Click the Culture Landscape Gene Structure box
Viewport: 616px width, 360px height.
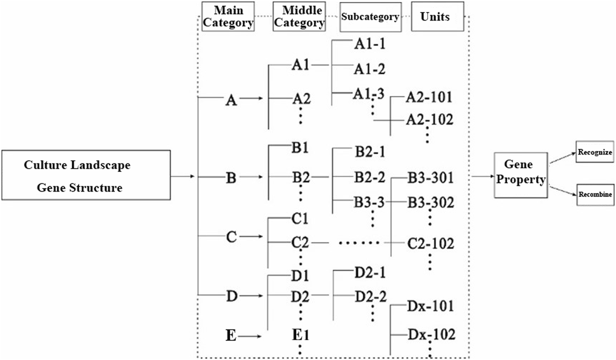point(86,175)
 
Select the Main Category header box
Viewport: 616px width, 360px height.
point(228,16)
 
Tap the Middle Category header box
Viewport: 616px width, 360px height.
point(299,16)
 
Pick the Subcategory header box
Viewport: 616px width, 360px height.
point(370,16)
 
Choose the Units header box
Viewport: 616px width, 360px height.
point(438,16)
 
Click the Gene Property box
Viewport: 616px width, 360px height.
point(521,174)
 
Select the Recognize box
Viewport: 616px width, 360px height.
point(595,151)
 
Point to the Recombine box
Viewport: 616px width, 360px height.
point(595,194)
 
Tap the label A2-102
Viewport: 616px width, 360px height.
point(429,120)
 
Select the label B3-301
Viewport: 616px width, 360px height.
point(430,177)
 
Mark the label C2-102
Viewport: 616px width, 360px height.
point(430,244)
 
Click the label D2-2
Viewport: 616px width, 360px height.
point(371,296)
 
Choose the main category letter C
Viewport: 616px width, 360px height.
point(231,237)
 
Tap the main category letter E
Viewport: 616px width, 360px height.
point(231,336)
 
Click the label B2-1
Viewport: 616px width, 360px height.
point(370,151)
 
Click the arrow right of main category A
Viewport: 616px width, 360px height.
point(251,99)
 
